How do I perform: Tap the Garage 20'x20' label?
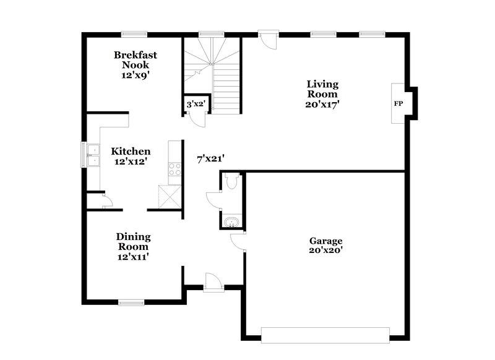pyautogui.click(x=325, y=246)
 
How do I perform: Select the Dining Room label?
pyautogui.click(x=134, y=246)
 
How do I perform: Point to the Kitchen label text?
pyautogui.click(x=131, y=156)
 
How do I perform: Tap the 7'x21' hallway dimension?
pyautogui.click(x=210, y=159)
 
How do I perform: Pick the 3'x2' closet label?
pyautogui.click(x=196, y=106)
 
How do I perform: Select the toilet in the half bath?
pyautogui.click(x=231, y=181)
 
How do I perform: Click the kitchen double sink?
pyautogui.click(x=93, y=155)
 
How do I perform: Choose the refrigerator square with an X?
pyautogui.click(x=169, y=197)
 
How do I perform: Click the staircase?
pyautogui.click(x=213, y=71)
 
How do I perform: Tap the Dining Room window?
pyautogui.click(x=131, y=302)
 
